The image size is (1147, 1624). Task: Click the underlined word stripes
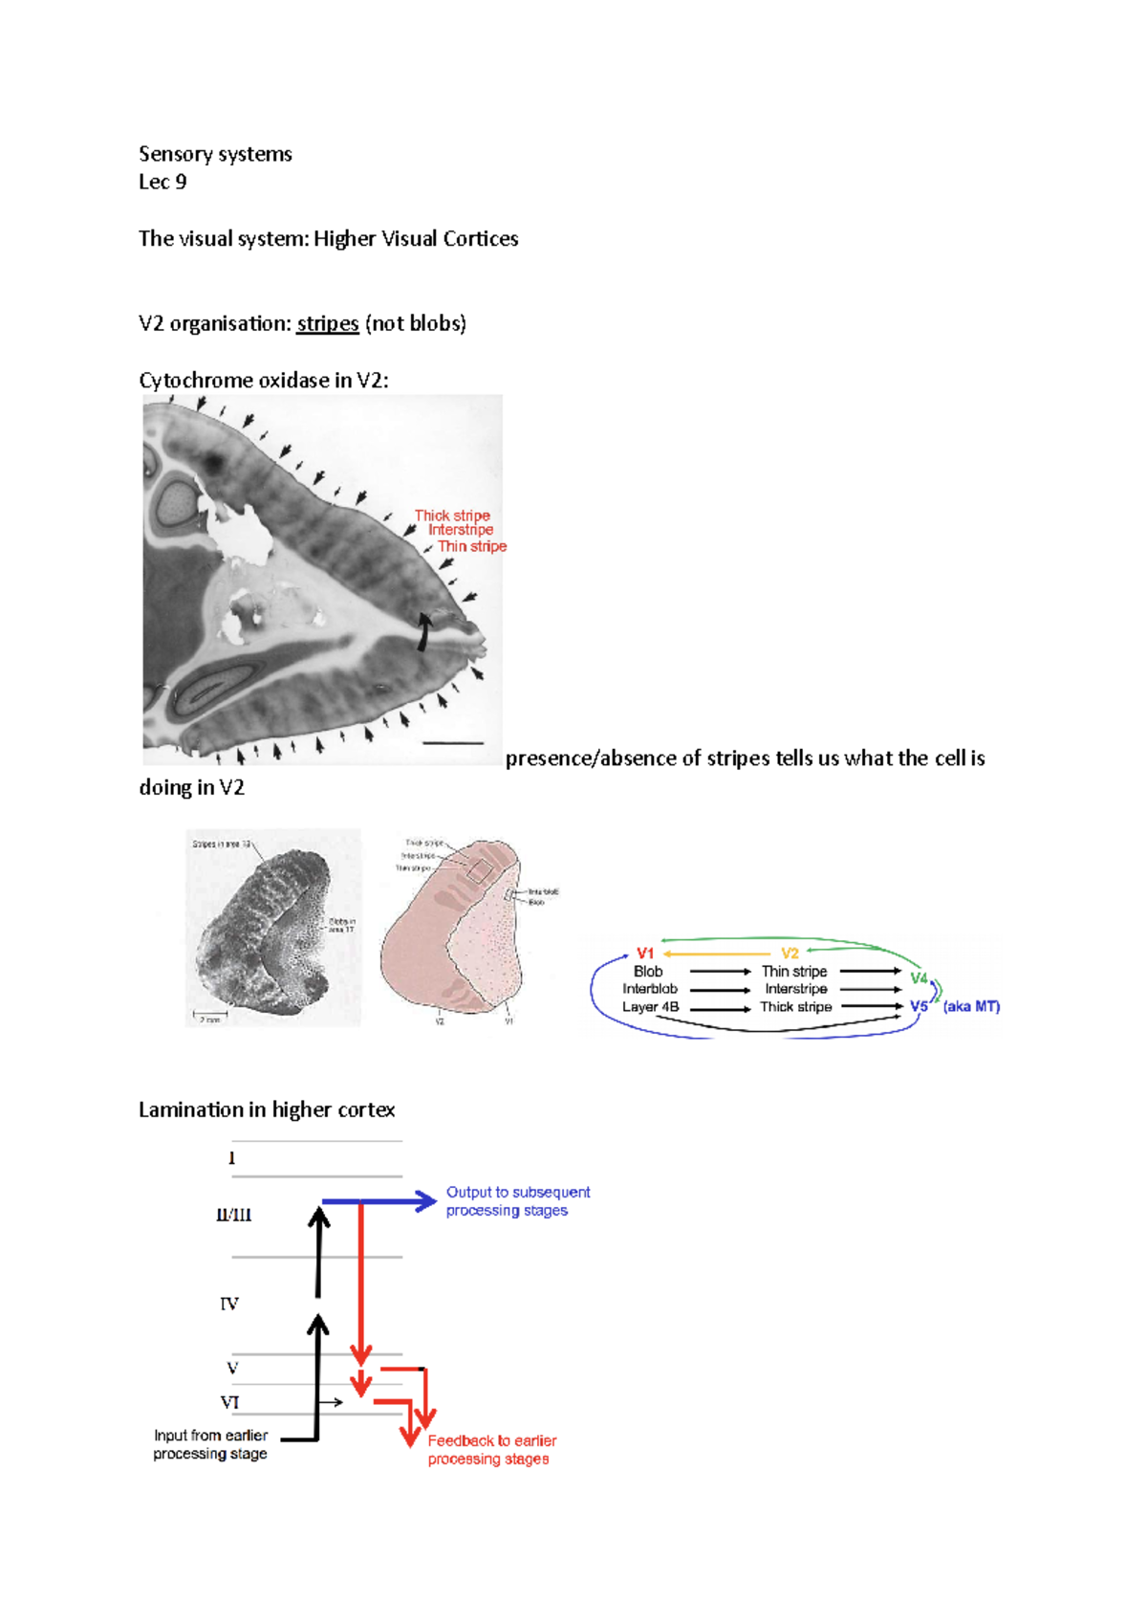click(x=328, y=323)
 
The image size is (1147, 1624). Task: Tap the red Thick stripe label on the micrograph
click(x=452, y=516)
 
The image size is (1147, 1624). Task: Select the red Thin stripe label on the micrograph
click(x=472, y=546)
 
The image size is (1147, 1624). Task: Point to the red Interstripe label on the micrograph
click(x=461, y=530)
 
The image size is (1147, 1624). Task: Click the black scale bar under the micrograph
click(x=452, y=742)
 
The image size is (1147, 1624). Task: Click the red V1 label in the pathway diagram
click(x=645, y=954)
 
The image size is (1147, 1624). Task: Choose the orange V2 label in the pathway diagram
click(x=790, y=954)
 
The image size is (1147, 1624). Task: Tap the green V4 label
click(x=919, y=977)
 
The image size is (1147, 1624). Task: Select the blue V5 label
click(x=919, y=1006)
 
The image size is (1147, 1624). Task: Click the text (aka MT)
click(x=971, y=1006)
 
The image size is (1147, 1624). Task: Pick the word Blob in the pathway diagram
click(x=648, y=971)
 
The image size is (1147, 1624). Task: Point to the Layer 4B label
click(x=650, y=1006)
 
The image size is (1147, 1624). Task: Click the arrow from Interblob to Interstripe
click(x=720, y=990)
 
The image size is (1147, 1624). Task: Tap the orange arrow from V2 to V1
click(x=717, y=954)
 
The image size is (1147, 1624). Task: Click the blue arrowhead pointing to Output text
click(x=426, y=1201)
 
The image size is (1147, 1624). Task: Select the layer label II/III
click(x=233, y=1216)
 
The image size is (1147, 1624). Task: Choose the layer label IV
click(x=229, y=1304)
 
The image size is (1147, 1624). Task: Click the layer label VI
click(x=229, y=1402)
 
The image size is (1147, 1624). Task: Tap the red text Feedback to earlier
click(x=491, y=1440)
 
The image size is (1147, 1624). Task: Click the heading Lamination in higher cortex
click(x=267, y=1109)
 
